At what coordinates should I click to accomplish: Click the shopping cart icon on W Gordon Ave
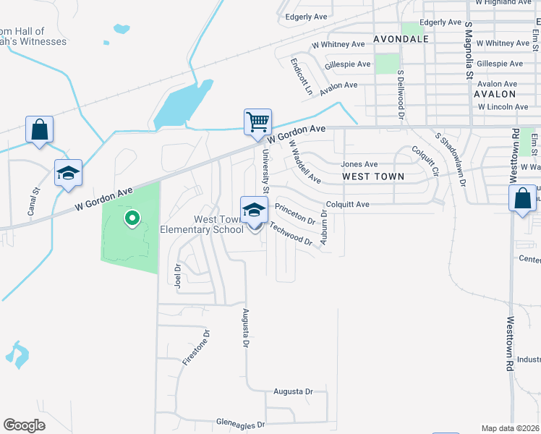pyautogui.click(x=257, y=122)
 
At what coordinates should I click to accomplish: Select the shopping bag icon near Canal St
pyautogui.click(x=40, y=130)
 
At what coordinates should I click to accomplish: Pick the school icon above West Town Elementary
pyautogui.click(x=254, y=210)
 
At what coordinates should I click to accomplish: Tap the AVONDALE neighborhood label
pyautogui.click(x=401, y=38)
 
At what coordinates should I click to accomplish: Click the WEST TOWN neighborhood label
pyautogui.click(x=372, y=176)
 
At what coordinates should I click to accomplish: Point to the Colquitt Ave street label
pyautogui.click(x=347, y=205)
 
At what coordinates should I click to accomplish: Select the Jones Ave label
pyautogui.click(x=359, y=164)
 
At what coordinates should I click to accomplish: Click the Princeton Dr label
pyautogui.click(x=296, y=214)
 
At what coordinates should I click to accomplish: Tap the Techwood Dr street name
pyautogui.click(x=291, y=233)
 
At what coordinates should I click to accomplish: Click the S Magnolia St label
pyautogui.click(x=469, y=51)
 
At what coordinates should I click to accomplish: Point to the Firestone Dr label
pyautogui.click(x=196, y=348)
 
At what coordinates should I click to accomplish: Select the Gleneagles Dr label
pyautogui.click(x=241, y=422)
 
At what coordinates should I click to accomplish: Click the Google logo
pyautogui.click(x=25, y=425)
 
